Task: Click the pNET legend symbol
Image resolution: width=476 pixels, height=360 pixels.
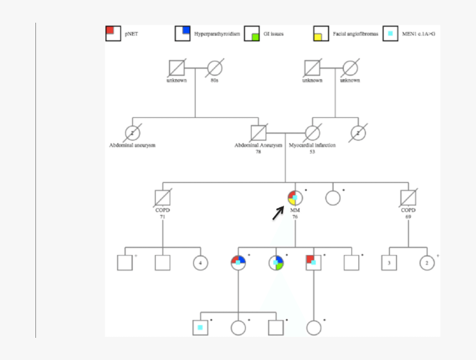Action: point(113,34)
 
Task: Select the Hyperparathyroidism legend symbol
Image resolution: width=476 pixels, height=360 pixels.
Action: point(183,34)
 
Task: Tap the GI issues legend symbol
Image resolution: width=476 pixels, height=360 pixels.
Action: point(252,34)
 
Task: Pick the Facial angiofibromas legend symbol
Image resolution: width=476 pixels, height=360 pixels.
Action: point(320,34)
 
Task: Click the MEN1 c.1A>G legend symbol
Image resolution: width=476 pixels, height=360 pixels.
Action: point(390,34)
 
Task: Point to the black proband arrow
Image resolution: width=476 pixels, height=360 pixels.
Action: point(278,213)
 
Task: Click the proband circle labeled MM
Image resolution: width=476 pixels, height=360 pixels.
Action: point(295,198)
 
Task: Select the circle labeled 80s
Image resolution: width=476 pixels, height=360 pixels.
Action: point(214,68)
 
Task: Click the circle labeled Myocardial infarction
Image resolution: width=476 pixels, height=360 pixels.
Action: point(312,133)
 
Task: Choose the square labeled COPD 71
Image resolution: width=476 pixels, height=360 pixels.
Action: point(162,198)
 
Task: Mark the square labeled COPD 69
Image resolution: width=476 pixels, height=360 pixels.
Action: point(408,198)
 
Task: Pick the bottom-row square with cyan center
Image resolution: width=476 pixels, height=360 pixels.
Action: point(200,328)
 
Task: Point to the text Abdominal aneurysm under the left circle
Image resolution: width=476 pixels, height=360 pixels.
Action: point(132,146)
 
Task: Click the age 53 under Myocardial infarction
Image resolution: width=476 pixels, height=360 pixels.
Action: point(312,152)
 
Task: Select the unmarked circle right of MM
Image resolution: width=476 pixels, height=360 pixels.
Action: point(333,198)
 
